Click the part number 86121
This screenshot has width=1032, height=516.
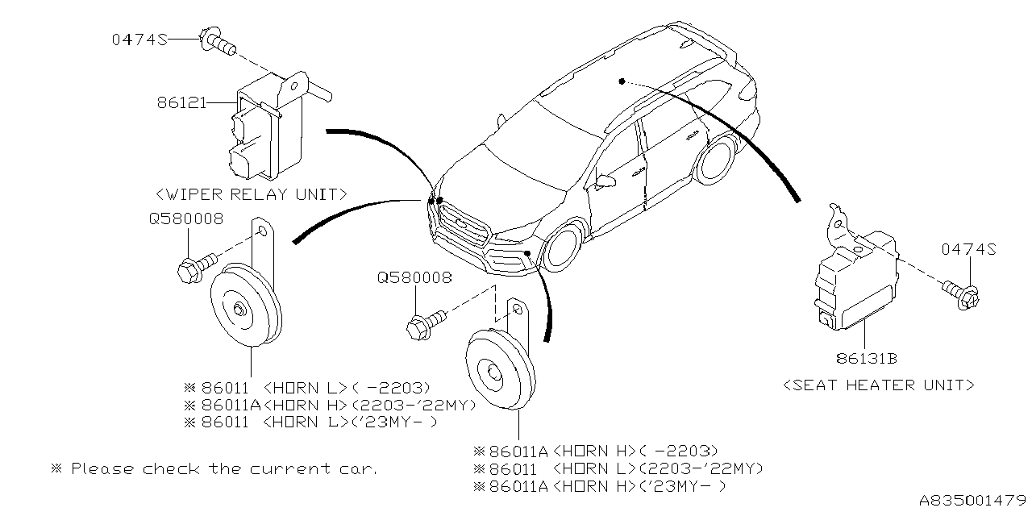[x=181, y=103]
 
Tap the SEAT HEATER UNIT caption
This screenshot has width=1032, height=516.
[x=879, y=385]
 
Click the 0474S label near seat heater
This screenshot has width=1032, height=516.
[x=968, y=251]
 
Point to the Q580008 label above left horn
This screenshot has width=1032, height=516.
[x=185, y=218]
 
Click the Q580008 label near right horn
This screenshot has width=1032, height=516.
[x=414, y=277]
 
